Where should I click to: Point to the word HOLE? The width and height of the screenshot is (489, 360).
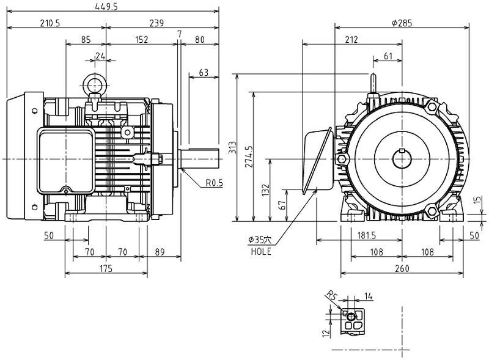[x=260, y=251]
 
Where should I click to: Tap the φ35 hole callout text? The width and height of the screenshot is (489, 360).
[x=259, y=240]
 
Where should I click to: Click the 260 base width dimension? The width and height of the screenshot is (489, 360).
[x=401, y=268]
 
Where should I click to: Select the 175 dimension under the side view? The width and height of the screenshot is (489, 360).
[x=106, y=268]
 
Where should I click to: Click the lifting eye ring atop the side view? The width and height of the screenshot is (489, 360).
[x=95, y=83]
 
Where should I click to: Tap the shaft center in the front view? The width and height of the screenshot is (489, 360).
[x=402, y=159]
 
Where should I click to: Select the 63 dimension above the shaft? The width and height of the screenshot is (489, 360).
[x=204, y=73]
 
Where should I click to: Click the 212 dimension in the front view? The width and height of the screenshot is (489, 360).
[x=351, y=40]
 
